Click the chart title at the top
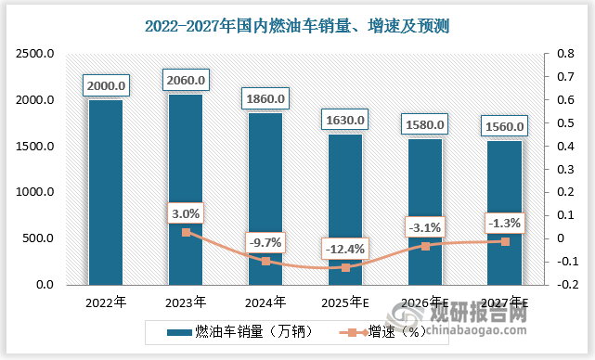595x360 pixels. [x=297, y=23]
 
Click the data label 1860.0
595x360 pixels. [x=265, y=97]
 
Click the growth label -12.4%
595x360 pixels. [x=343, y=249]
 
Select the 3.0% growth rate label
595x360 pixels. [x=185, y=213]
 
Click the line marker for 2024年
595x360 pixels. [x=265, y=261]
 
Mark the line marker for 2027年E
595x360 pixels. [x=505, y=241]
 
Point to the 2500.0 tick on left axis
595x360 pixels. [x=36, y=55]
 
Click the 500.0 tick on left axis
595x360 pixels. [x=39, y=238]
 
